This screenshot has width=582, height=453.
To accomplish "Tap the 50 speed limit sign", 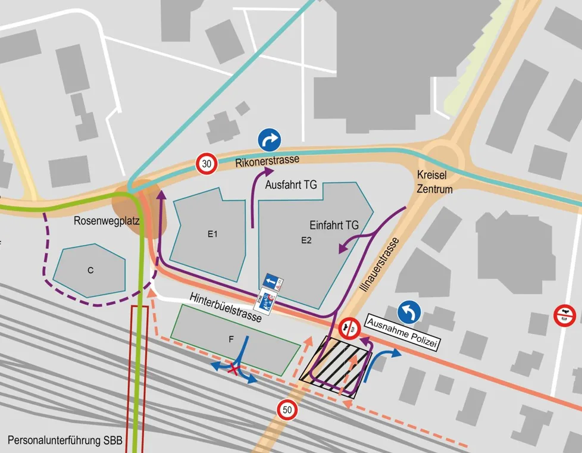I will (x=287, y=410).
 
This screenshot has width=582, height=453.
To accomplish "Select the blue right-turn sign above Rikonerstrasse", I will (x=269, y=140).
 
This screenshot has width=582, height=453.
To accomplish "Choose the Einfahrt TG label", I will (x=334, y=226).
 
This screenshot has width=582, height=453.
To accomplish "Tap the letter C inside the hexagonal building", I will (x=90, y=270).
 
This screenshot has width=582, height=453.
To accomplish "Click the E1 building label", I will (x=212, y=235).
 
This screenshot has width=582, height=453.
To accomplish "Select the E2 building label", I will (x=306, y=240).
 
